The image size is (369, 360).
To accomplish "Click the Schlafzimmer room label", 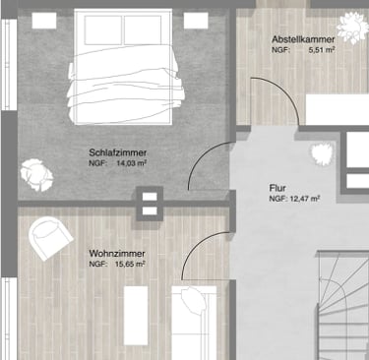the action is click(118, 152).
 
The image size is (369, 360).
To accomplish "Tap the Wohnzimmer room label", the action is click(117, 254).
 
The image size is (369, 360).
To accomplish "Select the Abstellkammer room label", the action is click(303, 39).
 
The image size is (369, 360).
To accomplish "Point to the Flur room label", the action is click(277, 188).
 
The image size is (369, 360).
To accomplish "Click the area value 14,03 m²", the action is click(132, 163).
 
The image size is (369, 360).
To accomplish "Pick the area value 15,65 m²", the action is click(130, 264).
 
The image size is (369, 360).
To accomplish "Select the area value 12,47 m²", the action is click(305, 199).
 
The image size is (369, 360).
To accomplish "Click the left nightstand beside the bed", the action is click(44, 21).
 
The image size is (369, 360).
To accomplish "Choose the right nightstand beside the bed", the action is click(196, 21).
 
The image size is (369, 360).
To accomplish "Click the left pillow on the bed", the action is click(103, 30).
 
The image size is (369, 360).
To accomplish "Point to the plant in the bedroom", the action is click(36, 175).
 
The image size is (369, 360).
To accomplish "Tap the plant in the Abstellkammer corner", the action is click(353, 28).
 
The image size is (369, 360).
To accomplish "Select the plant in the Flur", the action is click(322, 154).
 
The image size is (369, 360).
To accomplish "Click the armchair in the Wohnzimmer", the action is click(50, 237).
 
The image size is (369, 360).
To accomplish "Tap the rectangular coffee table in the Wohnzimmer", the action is click(136, 316).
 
